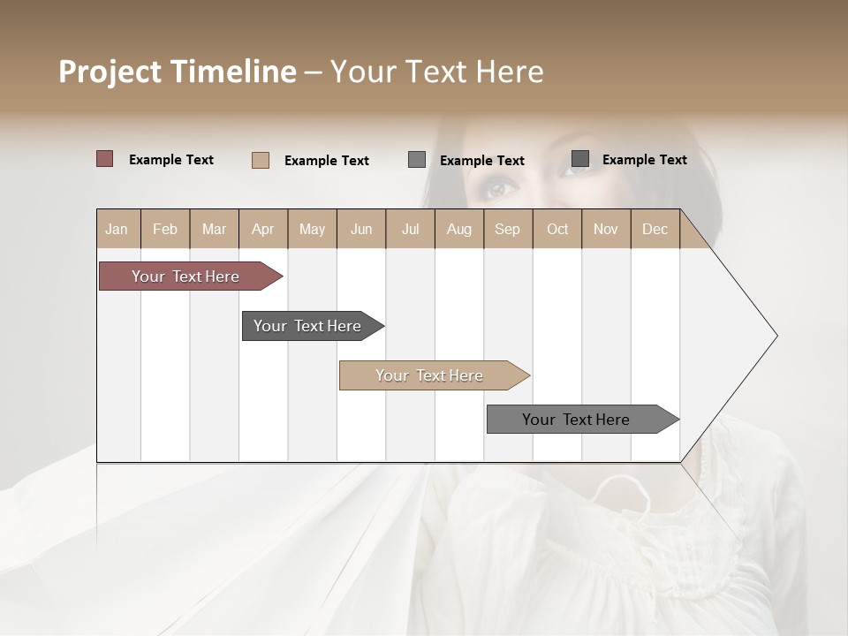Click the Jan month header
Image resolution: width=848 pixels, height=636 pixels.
[117, 230]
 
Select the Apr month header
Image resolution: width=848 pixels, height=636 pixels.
[262, 230]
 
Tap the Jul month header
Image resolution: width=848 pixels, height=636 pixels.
[410, 230]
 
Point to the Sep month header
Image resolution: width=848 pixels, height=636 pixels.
[507, 230]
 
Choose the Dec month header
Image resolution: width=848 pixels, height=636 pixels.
[655, 230]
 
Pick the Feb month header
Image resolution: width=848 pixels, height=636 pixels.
[165, 230]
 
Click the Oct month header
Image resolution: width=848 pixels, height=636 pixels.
[557, 230]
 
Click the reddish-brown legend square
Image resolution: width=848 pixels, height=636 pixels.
[105, 159]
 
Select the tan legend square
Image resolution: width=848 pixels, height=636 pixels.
[261, 160]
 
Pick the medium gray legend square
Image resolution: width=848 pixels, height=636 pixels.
[417, 160]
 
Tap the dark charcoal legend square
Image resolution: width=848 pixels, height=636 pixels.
[580, 159]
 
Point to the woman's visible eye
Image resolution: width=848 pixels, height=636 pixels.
[500, 188]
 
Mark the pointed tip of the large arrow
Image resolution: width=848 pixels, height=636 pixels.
[776, 336]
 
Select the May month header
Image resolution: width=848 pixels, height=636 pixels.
[312, 230]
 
